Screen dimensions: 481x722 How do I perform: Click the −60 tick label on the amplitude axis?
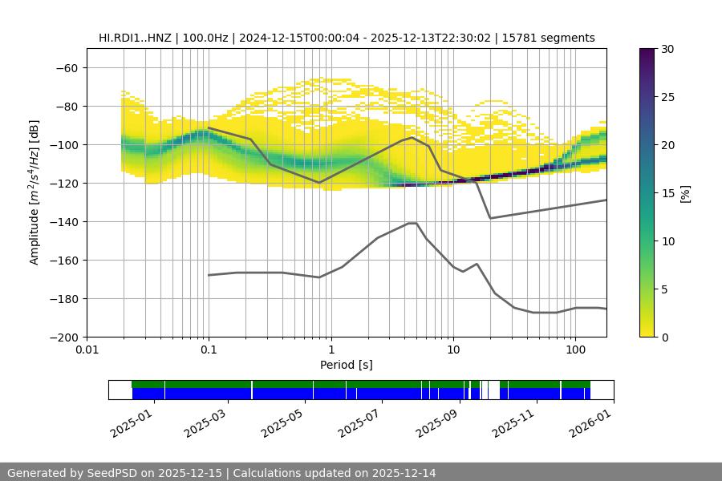(x=66, y=67)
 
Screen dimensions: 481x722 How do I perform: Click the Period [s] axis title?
(x=347, y=365)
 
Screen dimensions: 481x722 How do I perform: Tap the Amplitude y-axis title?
(x=34, y=192)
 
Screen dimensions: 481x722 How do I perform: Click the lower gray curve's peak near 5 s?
(x=412, y=223)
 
